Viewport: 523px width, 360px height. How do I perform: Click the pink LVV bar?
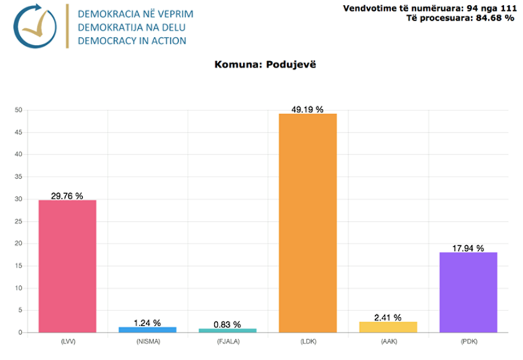tap(67, 266)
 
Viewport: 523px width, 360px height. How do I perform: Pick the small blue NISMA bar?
tap(147, 330)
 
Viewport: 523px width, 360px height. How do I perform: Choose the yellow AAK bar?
tap(388, 327)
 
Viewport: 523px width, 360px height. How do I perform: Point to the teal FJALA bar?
tap(227, 331)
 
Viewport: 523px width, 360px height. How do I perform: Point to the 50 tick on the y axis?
tap(18, 110)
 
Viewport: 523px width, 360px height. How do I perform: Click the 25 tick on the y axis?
tap(18, 221)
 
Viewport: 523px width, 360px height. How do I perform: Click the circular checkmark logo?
tap(34, 26)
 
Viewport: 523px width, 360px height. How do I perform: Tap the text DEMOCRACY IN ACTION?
tap(132, 41)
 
